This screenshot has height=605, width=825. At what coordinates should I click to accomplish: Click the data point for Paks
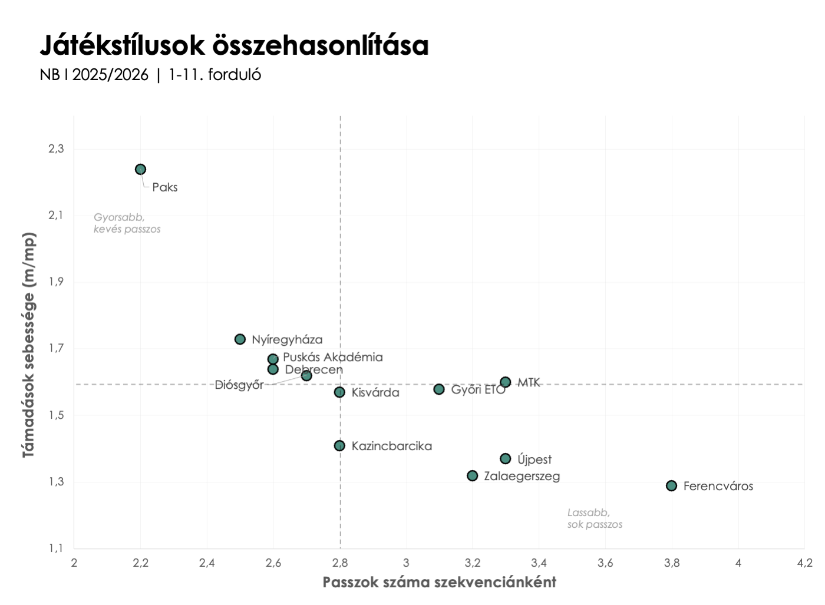[x=140, y=170]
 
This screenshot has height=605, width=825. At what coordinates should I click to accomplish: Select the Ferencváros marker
[x=671, y=486]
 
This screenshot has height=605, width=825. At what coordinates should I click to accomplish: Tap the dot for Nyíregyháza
[x=240, y=339]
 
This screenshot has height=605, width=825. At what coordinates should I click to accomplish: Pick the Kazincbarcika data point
[x=339, y=446]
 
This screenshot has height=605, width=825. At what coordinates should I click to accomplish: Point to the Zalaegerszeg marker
[x=472, y=475]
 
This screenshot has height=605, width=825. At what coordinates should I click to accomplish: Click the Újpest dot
[x=505, y=459]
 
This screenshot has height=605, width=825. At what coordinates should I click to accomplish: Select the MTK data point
[x=505, y=382]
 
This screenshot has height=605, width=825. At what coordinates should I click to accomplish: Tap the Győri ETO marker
[x=439, y=389]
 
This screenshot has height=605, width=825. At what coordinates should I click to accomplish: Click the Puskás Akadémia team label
[x=333, y=357]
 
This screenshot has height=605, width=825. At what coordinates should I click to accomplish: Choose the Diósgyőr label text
[x=239, y=385]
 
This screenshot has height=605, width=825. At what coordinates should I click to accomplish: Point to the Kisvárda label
[x=375, y=392]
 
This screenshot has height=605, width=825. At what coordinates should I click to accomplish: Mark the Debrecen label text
[x=313, y=369]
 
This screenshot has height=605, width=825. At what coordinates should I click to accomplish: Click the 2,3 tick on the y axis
[x=56, y=148]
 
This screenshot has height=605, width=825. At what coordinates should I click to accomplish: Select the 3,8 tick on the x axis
[x=671, y=563]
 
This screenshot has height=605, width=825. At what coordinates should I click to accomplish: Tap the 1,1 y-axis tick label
[x=56, y=548]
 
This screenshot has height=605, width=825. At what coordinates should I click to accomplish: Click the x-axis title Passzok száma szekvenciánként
[x=439, y=583]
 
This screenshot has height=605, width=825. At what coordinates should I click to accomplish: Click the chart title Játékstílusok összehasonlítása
[x=234, y=45]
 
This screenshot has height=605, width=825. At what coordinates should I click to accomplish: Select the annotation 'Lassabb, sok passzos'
[x=594, y=518]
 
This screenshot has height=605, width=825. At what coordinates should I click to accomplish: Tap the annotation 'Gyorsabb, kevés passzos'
[x=127, y=223]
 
